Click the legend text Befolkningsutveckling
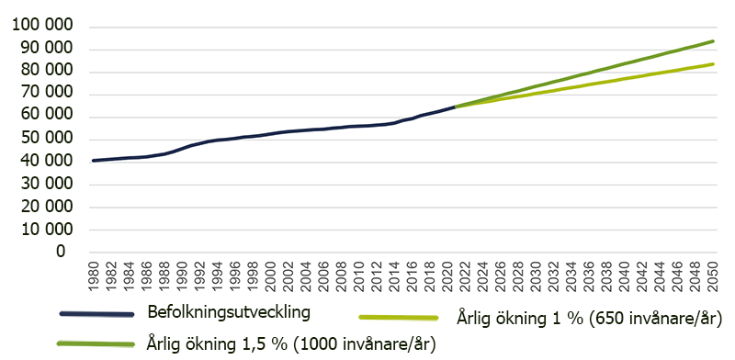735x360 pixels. point(229,311)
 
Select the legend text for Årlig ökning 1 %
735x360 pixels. point(589,319)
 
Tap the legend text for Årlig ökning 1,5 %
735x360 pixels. point(290,343)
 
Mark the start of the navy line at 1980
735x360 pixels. point(94,161)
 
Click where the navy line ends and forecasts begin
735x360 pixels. point(455,107)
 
